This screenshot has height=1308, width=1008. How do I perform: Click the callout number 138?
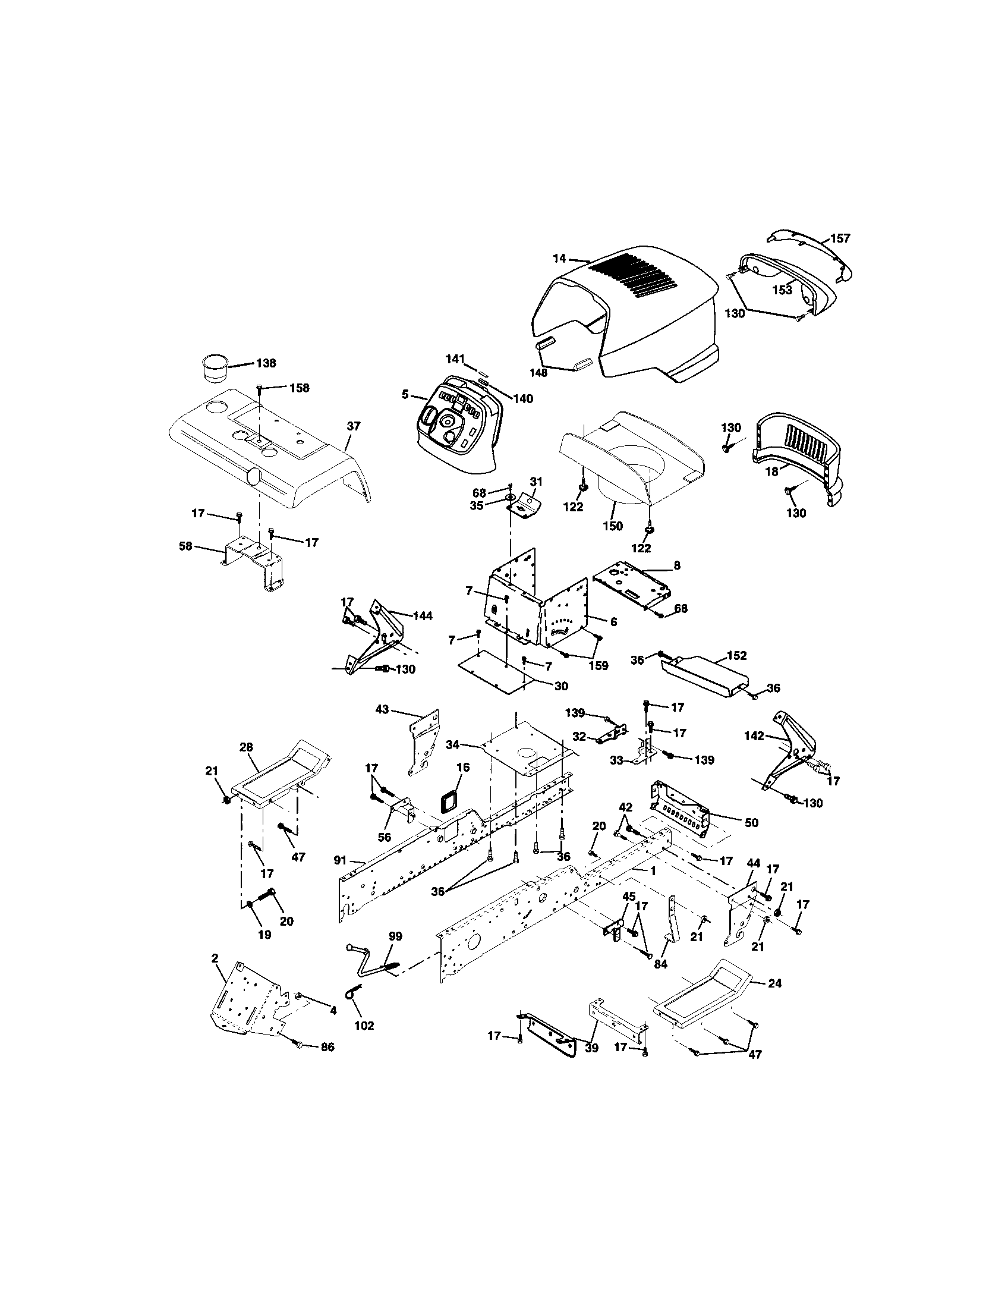[x=266, y=363]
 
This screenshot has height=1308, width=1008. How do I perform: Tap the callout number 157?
[x=840, y=238]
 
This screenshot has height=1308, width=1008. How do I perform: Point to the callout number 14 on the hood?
[x=559, y=259]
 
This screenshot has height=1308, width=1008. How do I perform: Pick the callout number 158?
[x=299, y=388]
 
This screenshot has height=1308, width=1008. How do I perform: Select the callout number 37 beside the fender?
[x=354, y=426]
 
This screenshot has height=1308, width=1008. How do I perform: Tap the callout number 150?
[x=613, y=526]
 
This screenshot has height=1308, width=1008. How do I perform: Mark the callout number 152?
[x=737, y=656]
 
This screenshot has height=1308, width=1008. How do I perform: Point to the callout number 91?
[x=340, y=860]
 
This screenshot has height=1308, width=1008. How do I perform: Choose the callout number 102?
[x=364, y=1026]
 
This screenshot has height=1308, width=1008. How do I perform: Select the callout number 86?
[x=327, y=1047]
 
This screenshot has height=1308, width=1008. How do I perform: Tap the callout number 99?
[x=395, y=936]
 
